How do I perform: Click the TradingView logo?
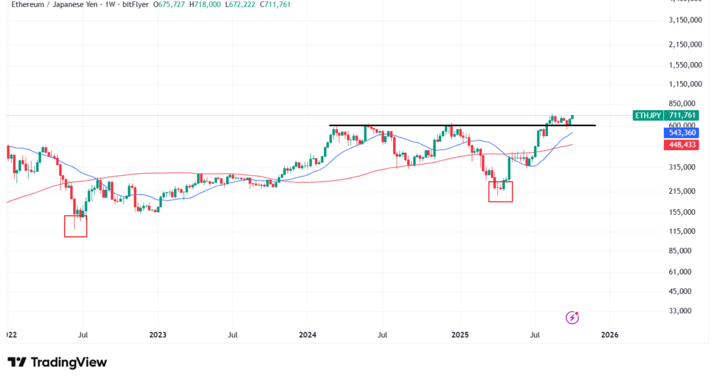(x=57, y=362)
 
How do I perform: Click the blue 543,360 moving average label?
(x=684, y=133)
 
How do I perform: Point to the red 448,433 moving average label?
(x=684, y=145)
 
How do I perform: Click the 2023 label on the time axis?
(x=158, y=335)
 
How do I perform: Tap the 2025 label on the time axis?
(x=460, y=335)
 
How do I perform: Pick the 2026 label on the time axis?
(x=610, y=335)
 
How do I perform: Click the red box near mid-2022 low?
(x=75, y=226)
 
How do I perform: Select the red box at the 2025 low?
(x=501, y=191)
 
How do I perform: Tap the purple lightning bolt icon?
(x=573, y=318)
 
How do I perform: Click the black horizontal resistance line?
(x=461, y=126)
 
